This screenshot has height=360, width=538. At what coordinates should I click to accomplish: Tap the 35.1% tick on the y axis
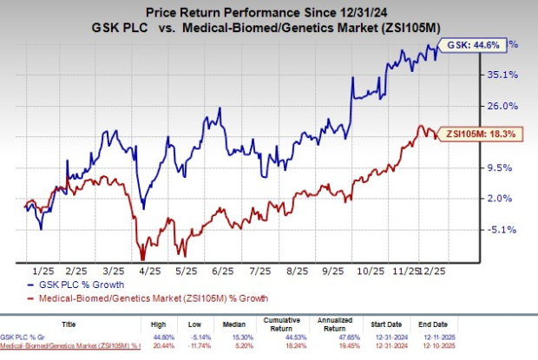click(x=501, y=75)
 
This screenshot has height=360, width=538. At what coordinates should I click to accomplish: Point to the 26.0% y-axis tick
click(x=501, y=106)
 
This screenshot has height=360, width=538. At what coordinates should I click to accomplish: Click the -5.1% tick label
click(x=501, y=230)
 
